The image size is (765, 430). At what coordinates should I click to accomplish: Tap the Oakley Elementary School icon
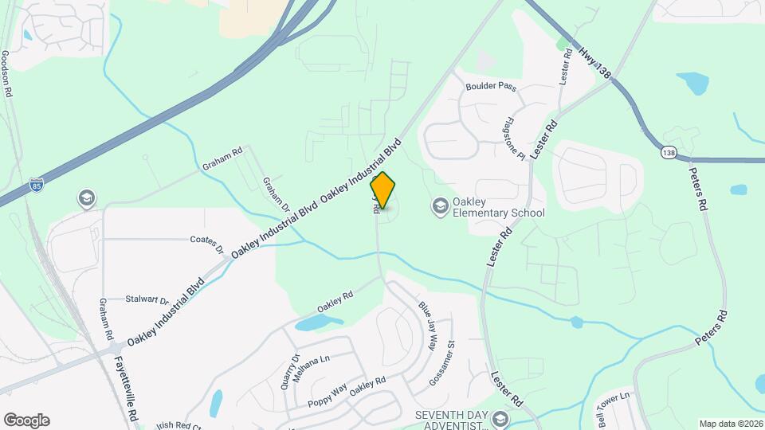[x=439, y=207]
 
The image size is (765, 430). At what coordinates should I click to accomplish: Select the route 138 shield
[x=668, y=150]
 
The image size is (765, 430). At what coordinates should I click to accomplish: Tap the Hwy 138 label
[x=596, y=61]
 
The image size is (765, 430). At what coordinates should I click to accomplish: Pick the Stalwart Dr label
[x=147, y=300]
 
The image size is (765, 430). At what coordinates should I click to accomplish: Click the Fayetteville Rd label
[x=126, y=388]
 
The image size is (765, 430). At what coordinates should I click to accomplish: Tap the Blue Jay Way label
[x=429, y=326]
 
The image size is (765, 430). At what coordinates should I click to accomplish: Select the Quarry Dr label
[x=288, y=370]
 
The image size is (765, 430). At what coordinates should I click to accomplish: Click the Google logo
[x=26, y=420]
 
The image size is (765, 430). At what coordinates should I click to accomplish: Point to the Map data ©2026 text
[x=730, y=424]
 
